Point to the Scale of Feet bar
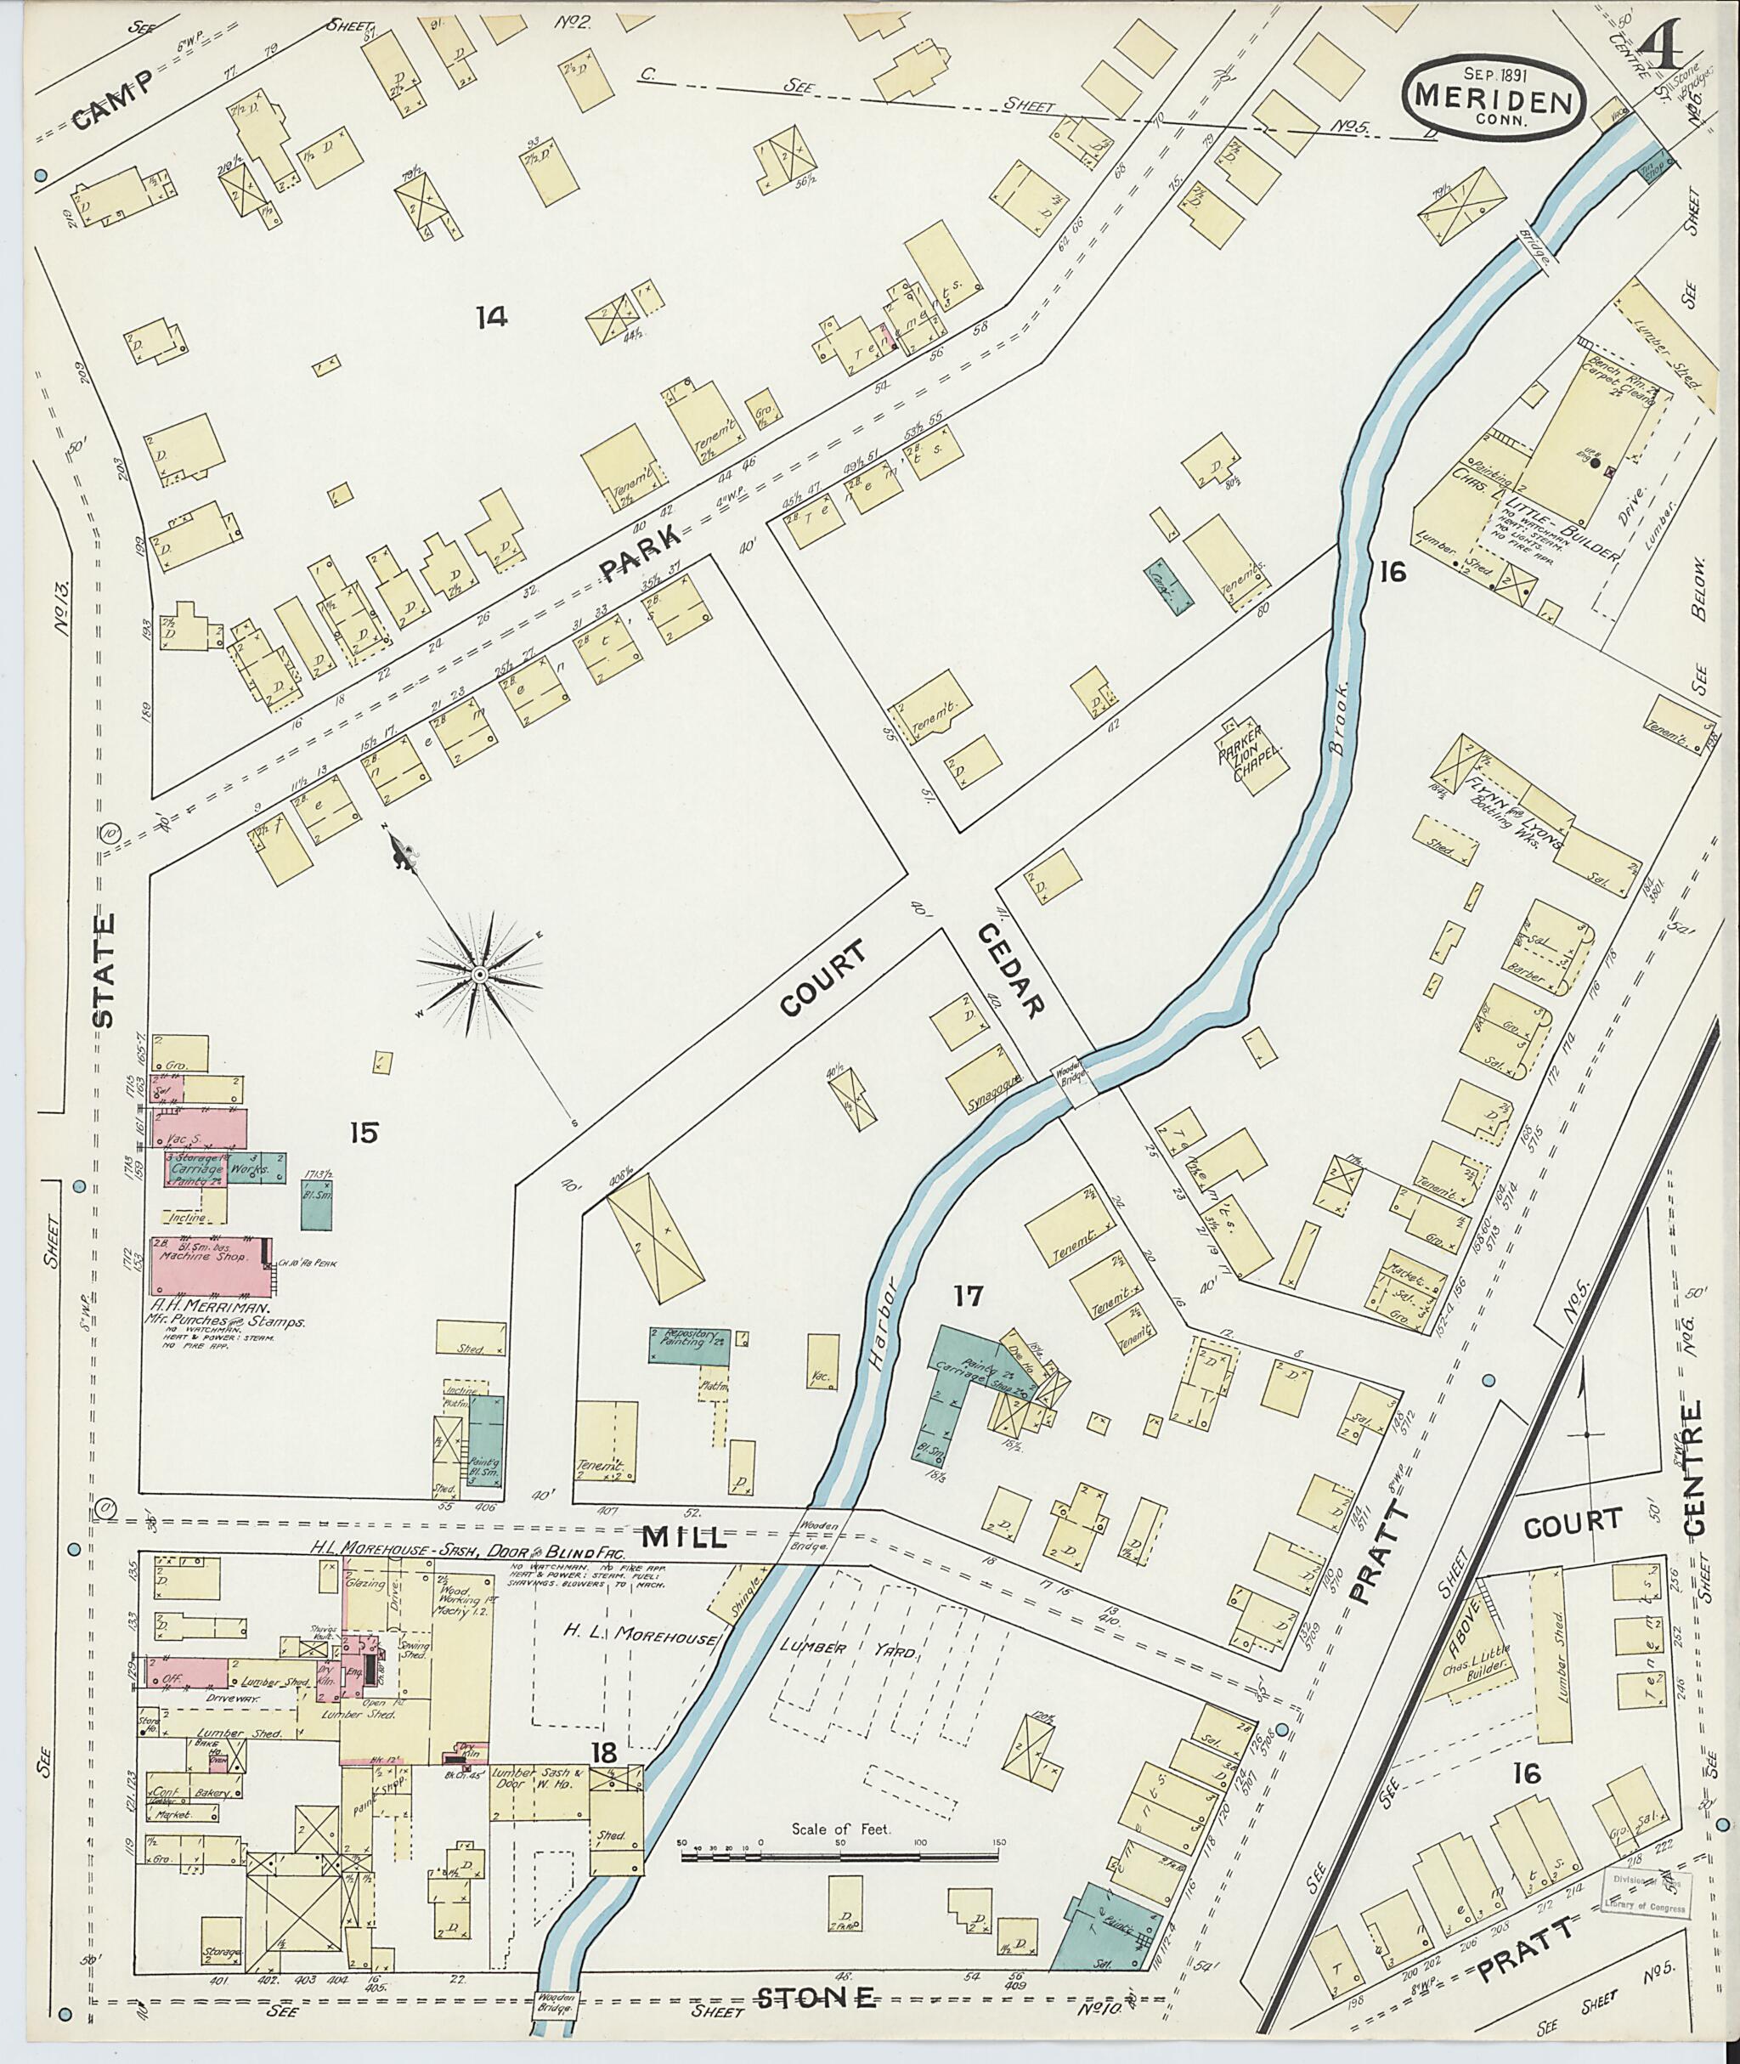[840, 1856]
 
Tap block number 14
[490, 318]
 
